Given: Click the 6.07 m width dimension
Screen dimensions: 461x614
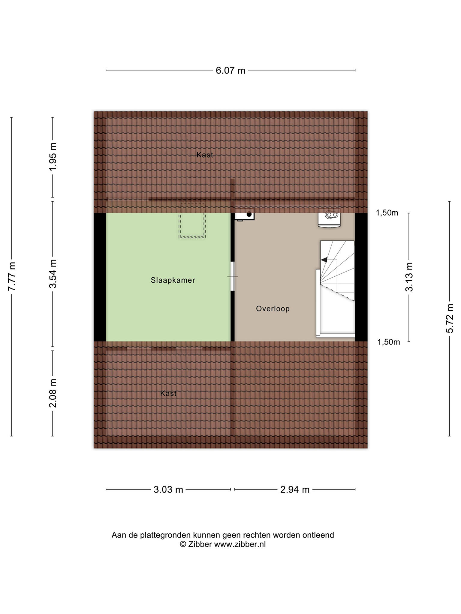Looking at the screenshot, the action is click(x=230, y=70).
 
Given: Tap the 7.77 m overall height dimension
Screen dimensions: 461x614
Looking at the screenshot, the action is click(x=12, y=276).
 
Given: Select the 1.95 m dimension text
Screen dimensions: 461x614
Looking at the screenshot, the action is click(x=53, y=157).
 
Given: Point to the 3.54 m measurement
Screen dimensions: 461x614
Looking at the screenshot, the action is click(x=53, y=274).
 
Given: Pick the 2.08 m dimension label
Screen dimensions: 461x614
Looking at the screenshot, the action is click(x=53, y=393).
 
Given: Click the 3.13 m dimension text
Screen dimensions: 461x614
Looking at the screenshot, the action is click(x=409, y=277).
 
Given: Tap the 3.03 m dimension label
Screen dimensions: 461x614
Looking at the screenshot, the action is click(x=168, y=490).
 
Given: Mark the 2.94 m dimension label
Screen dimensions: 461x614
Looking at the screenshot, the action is click(x=295, y=490).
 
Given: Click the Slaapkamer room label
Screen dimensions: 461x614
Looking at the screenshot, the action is click(x=173, y=280).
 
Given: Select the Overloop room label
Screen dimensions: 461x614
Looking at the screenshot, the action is click(x=273, y=309).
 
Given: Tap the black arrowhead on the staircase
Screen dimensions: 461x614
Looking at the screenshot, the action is click(x=324, y=260).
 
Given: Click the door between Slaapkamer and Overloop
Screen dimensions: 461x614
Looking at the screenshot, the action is click(x=232, y=276).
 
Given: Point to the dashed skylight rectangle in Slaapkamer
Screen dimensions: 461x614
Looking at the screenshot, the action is click(x=192, y=220).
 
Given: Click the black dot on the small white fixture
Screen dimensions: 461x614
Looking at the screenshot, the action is click(x=249, y=214).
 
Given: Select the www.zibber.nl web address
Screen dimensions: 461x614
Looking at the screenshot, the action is click(x=240, y=544).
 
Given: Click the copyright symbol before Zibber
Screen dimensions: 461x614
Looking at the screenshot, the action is click(x=183, y=544).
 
